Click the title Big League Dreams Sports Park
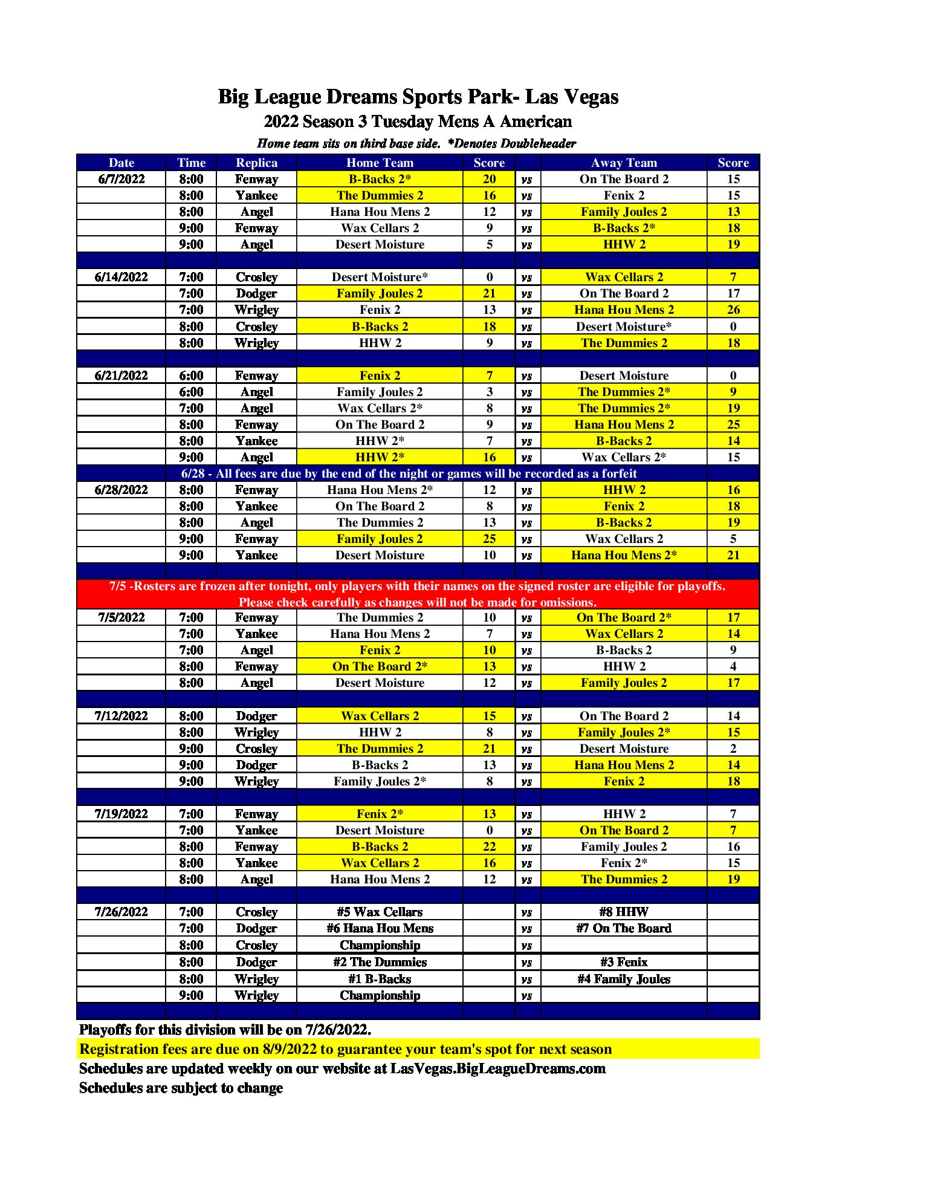point(418,97)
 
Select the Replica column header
point(256,163)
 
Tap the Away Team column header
point(623,163)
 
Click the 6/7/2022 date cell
point(121,179)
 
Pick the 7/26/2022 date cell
point(121,912)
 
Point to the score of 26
point(733,310)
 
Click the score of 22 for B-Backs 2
point(489,846)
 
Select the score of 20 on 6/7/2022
point(489,179)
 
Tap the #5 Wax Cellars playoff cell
point(380,912)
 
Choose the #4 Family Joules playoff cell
point(623,979)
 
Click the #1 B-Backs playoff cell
point(380,979)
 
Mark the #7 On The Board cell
point(623,928)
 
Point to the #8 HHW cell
point(623,912)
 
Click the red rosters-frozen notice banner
point(418,594)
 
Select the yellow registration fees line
point(345,1049)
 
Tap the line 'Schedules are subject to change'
point(181,1088)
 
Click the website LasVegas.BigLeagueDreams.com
point(497,1068)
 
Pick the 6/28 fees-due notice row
point(409,473)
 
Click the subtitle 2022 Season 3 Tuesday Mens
point(418,122)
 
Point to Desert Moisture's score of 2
point(733,749)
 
